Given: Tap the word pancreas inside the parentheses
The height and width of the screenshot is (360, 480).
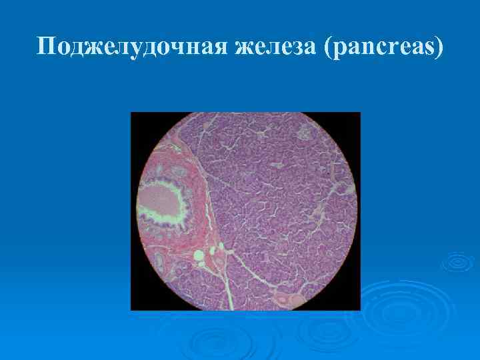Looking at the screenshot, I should click(382, 47).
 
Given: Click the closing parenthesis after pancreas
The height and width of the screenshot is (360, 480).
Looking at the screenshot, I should click(437, 46).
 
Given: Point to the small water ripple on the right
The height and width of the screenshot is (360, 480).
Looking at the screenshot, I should click(457, 261).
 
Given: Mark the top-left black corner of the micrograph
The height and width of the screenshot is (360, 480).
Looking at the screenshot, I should click(137, 119).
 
